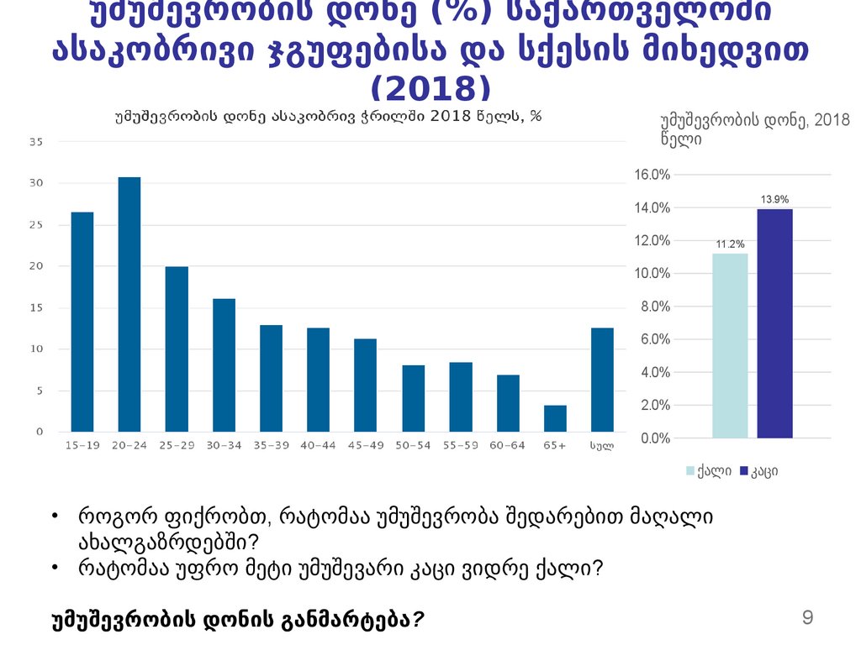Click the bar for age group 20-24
click(129, 304)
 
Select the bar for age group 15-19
click(82, 322)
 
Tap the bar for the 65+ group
click(555, 418)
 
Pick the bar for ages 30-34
click(224, 364)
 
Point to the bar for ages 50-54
click(413, 398)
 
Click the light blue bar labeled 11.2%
click(730, 345)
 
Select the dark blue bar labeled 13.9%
click(774, 323)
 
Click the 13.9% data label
click(774, 199)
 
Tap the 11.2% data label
click(730, 244)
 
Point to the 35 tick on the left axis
click(36, 142)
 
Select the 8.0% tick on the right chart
click(655, 307)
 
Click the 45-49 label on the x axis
click(365, 445)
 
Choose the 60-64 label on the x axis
click(508, 445)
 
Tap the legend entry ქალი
click(713, 471)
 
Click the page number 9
click(808, 619)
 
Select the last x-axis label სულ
click(602, 445)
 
